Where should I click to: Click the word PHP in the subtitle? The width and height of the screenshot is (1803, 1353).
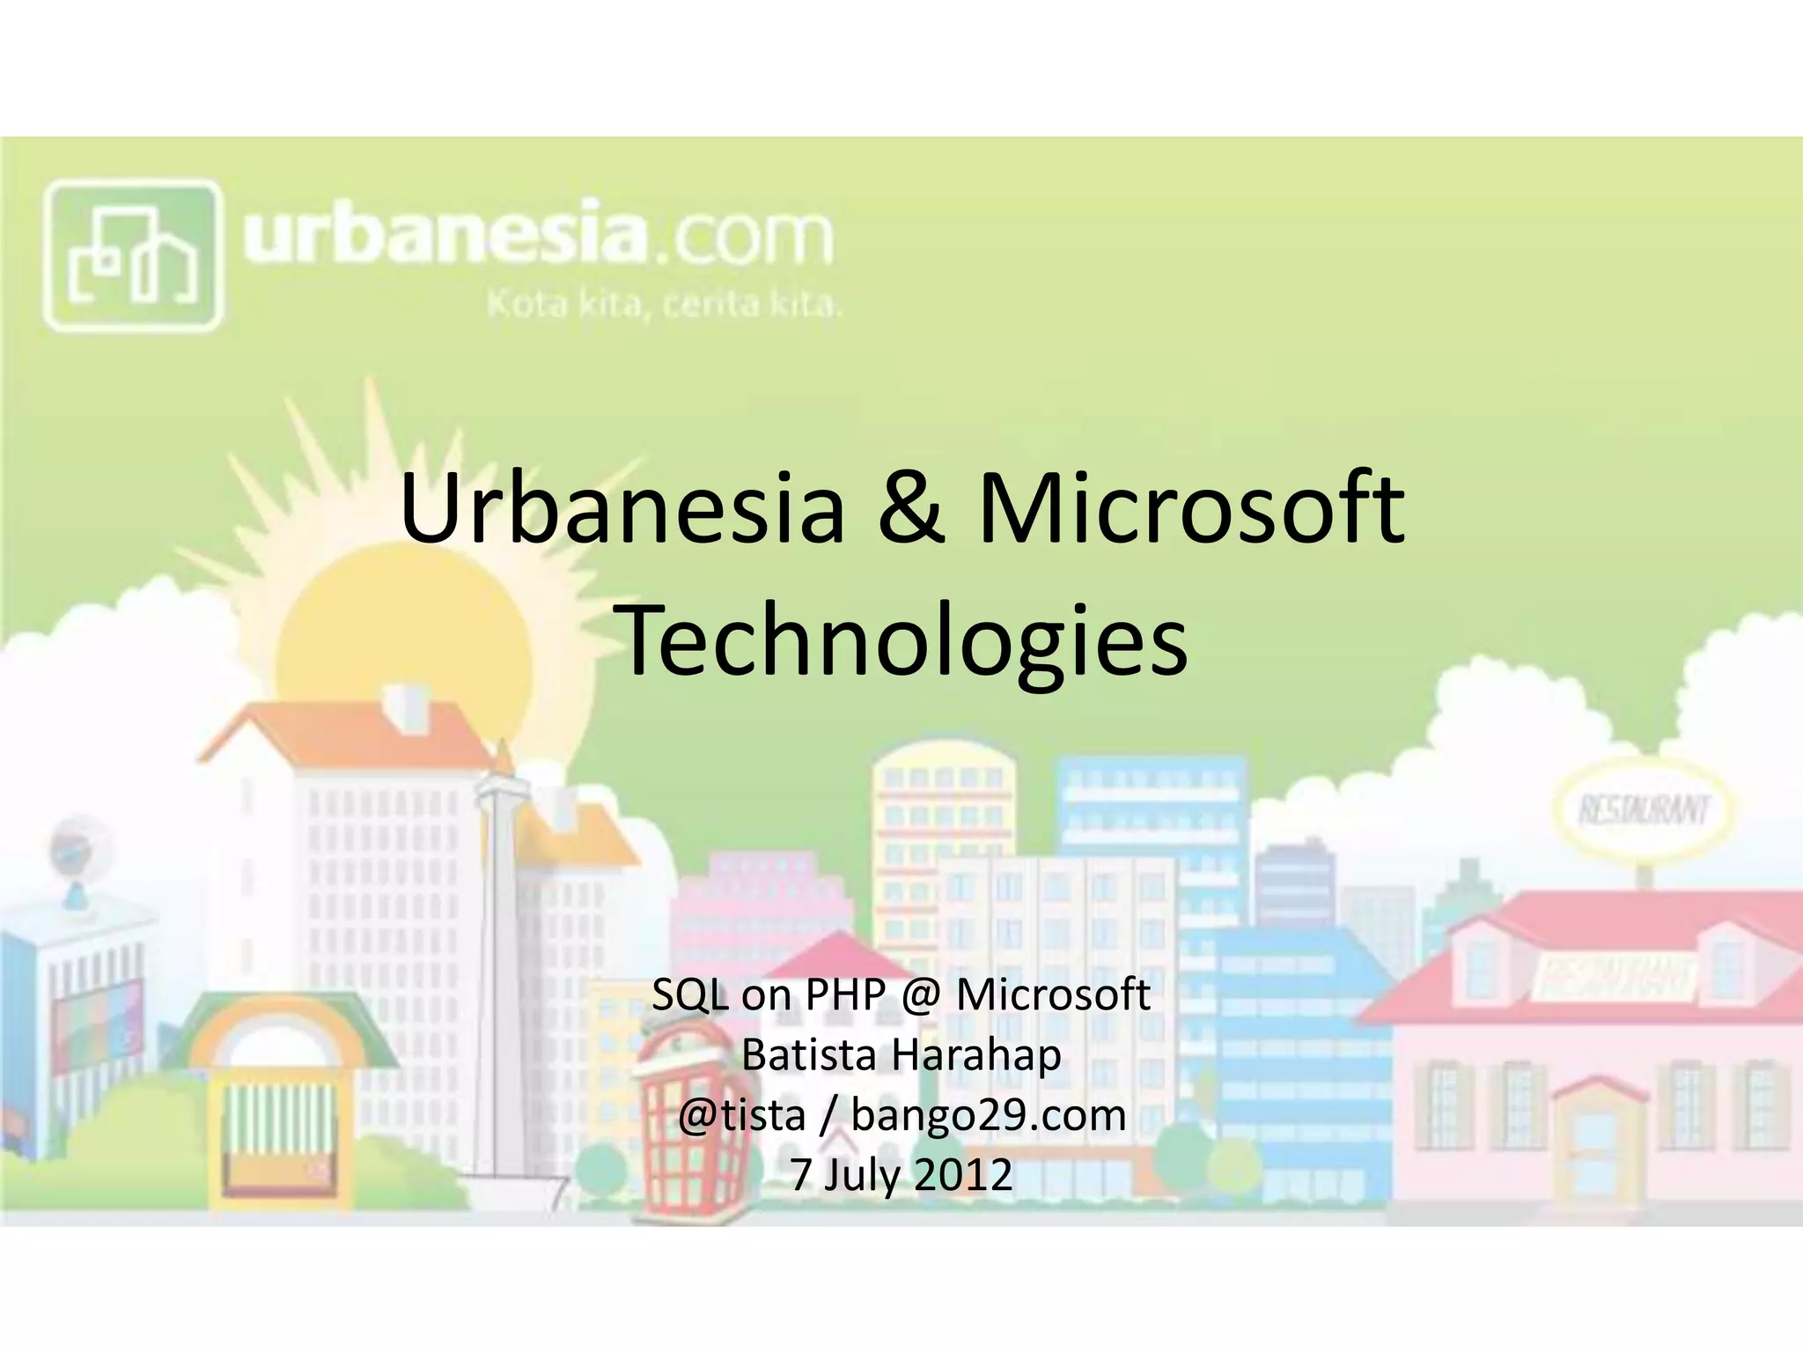click(x=844, y=995)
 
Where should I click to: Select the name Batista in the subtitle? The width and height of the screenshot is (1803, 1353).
click(x=810, y=1055)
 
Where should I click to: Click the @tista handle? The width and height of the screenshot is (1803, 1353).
click(x=741, y=1115)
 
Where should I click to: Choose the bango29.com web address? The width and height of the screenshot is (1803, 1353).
click(x=989, y=1115)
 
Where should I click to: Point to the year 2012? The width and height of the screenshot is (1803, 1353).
click(x=963, y=1175)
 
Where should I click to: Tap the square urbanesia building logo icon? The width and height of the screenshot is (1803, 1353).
click(x=132, y=255)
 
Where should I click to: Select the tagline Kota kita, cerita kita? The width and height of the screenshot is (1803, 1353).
click(x=665, y=305)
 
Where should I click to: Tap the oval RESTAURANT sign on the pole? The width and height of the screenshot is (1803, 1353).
click(x=1643, y=809)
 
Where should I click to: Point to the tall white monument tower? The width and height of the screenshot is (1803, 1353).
click(x=498, y=969)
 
